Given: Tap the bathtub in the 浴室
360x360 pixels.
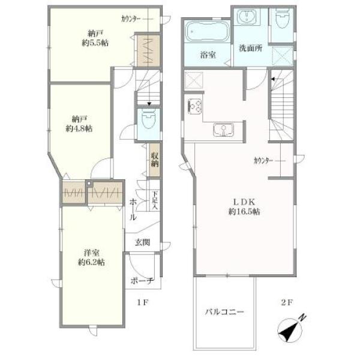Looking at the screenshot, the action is tap(208, 32).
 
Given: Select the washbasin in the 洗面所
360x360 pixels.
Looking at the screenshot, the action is tap(247, 17).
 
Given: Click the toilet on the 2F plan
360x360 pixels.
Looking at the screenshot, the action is tap(282, 19).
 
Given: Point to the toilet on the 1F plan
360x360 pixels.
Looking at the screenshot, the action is tap(149, 118).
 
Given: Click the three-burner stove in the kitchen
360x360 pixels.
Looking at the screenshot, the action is tap(195, 106).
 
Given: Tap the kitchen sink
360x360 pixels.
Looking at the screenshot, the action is tap(223, 130).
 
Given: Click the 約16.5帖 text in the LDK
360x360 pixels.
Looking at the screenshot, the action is tap(244, 212).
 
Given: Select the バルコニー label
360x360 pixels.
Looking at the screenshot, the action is tap(224, 312).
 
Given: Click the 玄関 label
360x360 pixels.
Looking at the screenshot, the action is tap(142, 242).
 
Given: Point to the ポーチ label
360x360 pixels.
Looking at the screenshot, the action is tap(142, 281).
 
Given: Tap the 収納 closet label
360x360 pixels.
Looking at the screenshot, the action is tap(155, 160).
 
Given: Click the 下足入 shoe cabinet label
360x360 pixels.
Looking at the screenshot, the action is tap(155, 200).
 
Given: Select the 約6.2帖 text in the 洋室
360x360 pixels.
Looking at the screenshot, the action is tap(91, 262).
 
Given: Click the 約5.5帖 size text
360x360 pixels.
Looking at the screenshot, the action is tap(95, 43).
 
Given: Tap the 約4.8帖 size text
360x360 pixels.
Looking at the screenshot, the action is tap(79, 129).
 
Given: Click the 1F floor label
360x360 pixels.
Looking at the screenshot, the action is tap(143, 302).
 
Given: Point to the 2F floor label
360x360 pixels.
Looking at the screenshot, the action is tap(287, 302).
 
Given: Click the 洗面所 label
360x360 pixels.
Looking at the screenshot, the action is tap(250, 48).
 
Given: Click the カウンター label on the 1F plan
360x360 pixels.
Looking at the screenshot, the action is tap(131, 19).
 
